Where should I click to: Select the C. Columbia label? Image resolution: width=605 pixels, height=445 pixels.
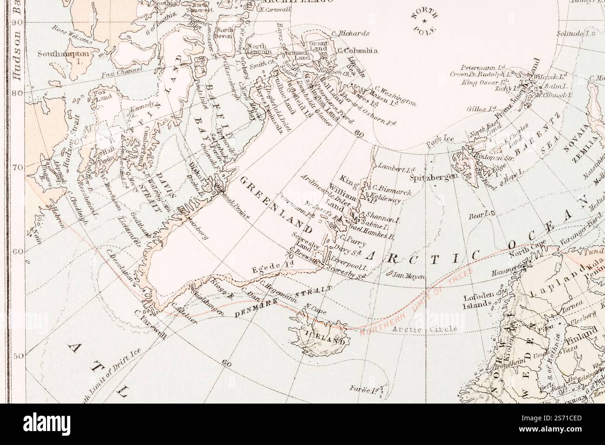pyautogui.click(x=357, y=51)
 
